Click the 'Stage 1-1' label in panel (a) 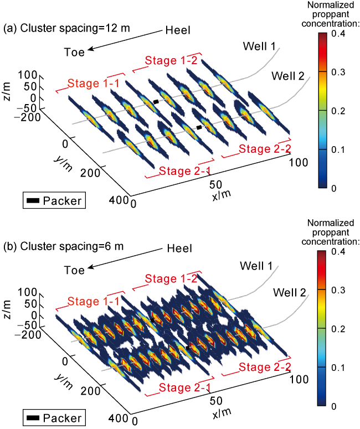coord(94,83)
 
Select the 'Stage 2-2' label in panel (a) coord(265,149)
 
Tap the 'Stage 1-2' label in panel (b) coord(171,278)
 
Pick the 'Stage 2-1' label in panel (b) coord(185,387)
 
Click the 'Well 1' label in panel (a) coord(259,46)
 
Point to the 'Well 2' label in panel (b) coord(289,292)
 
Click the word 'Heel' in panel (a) coord(178,30)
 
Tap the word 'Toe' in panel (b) coord(74,270)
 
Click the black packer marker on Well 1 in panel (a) coord(156,102)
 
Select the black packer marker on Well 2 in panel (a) coord(199,127)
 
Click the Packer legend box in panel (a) coord(54,200)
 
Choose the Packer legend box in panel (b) coord(54,418)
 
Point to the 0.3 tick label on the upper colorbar coord(338,72)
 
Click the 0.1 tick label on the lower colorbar coord(338,368)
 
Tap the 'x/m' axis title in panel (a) coord(222,195)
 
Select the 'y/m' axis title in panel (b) coord(64,381)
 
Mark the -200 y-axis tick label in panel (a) coord(27,117)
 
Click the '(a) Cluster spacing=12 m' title coord(66,28)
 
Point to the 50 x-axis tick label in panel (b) coord(216,401)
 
